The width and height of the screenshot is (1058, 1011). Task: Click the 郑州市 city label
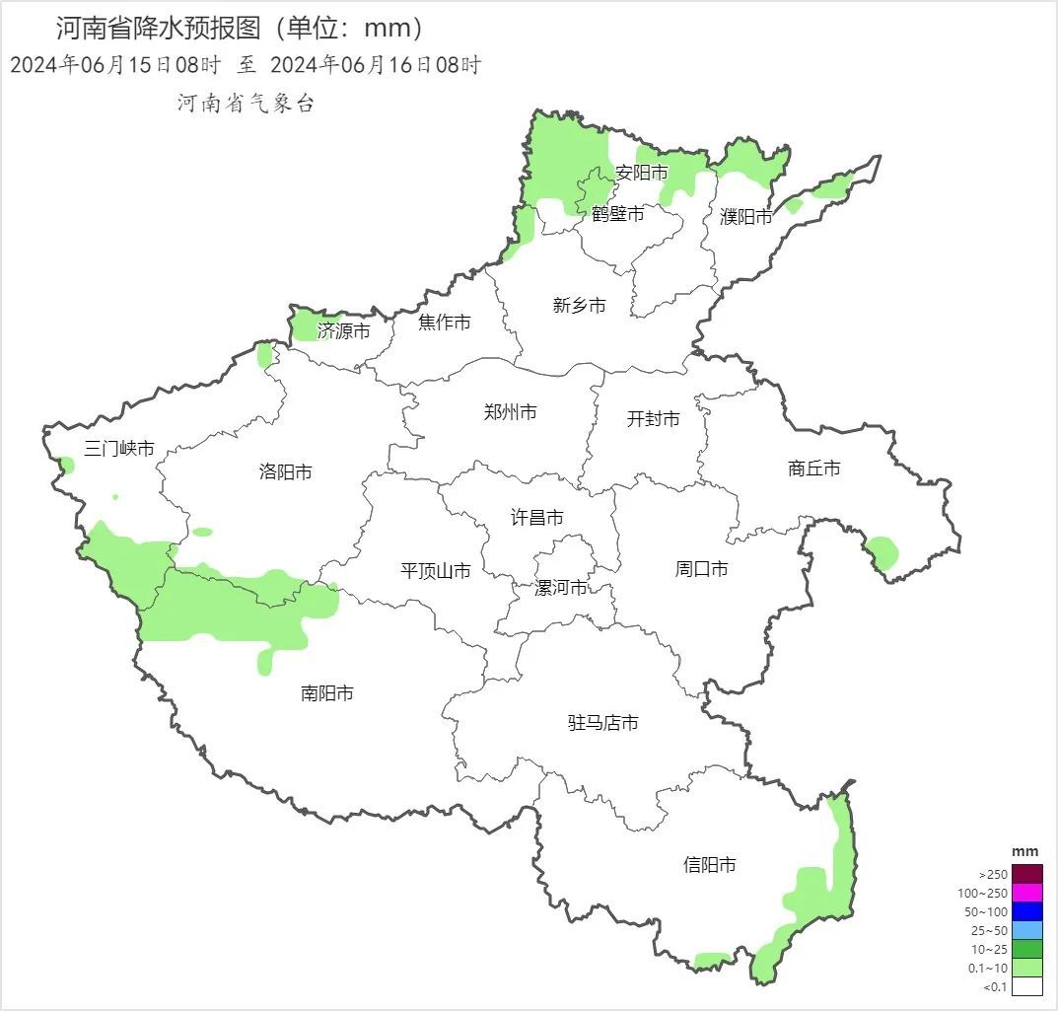point(510,412)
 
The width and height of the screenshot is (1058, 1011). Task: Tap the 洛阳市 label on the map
point(285,471)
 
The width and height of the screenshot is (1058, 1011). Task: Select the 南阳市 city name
point(326,693)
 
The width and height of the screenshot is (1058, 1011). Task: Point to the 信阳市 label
point(709,865)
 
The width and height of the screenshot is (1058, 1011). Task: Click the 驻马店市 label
point(602,723)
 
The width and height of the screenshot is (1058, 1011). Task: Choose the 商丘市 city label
point(814,469)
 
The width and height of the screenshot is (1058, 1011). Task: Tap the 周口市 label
point(701,569)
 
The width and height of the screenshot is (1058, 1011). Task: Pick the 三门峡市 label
point(119,449)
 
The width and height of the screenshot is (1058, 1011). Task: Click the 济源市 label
point(344,331)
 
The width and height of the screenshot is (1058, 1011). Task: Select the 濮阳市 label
point(746,217)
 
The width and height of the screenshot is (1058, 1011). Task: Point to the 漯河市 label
point(560,588)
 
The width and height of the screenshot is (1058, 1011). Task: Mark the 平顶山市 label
point(435,570)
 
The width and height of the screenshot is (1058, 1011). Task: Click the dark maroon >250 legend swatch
point(1026,874)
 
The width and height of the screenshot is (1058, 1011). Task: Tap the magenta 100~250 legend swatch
point(1026,893)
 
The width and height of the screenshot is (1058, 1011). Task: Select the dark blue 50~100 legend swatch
point(1026,911)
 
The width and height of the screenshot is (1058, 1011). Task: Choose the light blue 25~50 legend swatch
point(1026,930)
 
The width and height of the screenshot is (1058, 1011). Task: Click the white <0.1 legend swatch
point(1026,986)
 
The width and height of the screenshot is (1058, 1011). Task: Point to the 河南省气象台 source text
point(246,104)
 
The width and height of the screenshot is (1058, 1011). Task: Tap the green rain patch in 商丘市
point(882,552)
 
